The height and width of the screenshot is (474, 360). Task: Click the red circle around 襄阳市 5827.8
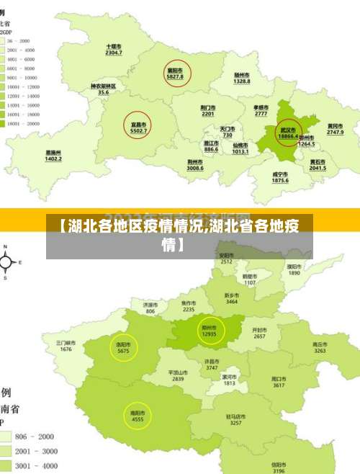pyautogui.click(x=176, y=73)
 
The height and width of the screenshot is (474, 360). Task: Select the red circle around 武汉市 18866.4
pyautogui.click(x=288, y=133)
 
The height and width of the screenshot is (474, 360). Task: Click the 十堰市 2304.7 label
pyautogui.click(x=114, y=50)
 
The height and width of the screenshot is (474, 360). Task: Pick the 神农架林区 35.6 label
pyautogui.click(x=104, y=89)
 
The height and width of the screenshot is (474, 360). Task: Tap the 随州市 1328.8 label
pyautogui.click(x=242, y=79)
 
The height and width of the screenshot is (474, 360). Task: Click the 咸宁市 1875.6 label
pyautogui.click(x=280, y=177)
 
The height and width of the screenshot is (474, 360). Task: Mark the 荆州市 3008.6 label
pyautogui.click(x=195, y=165)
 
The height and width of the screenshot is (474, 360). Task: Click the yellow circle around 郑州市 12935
pyautogui.click(x=210, y=331)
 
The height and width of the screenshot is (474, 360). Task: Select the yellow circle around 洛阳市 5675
pyautogui.click(x=123, y=348)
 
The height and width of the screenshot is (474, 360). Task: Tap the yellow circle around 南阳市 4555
pyautogui.click(x=138, y=416)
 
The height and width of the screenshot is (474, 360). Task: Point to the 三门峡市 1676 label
pyautogui.click(x=66, y=346)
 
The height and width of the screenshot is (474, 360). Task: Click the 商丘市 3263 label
pyautogui.click(x=320, y=348)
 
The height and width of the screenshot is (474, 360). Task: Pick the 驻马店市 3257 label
pyautogui.click(x=235, y=419)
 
